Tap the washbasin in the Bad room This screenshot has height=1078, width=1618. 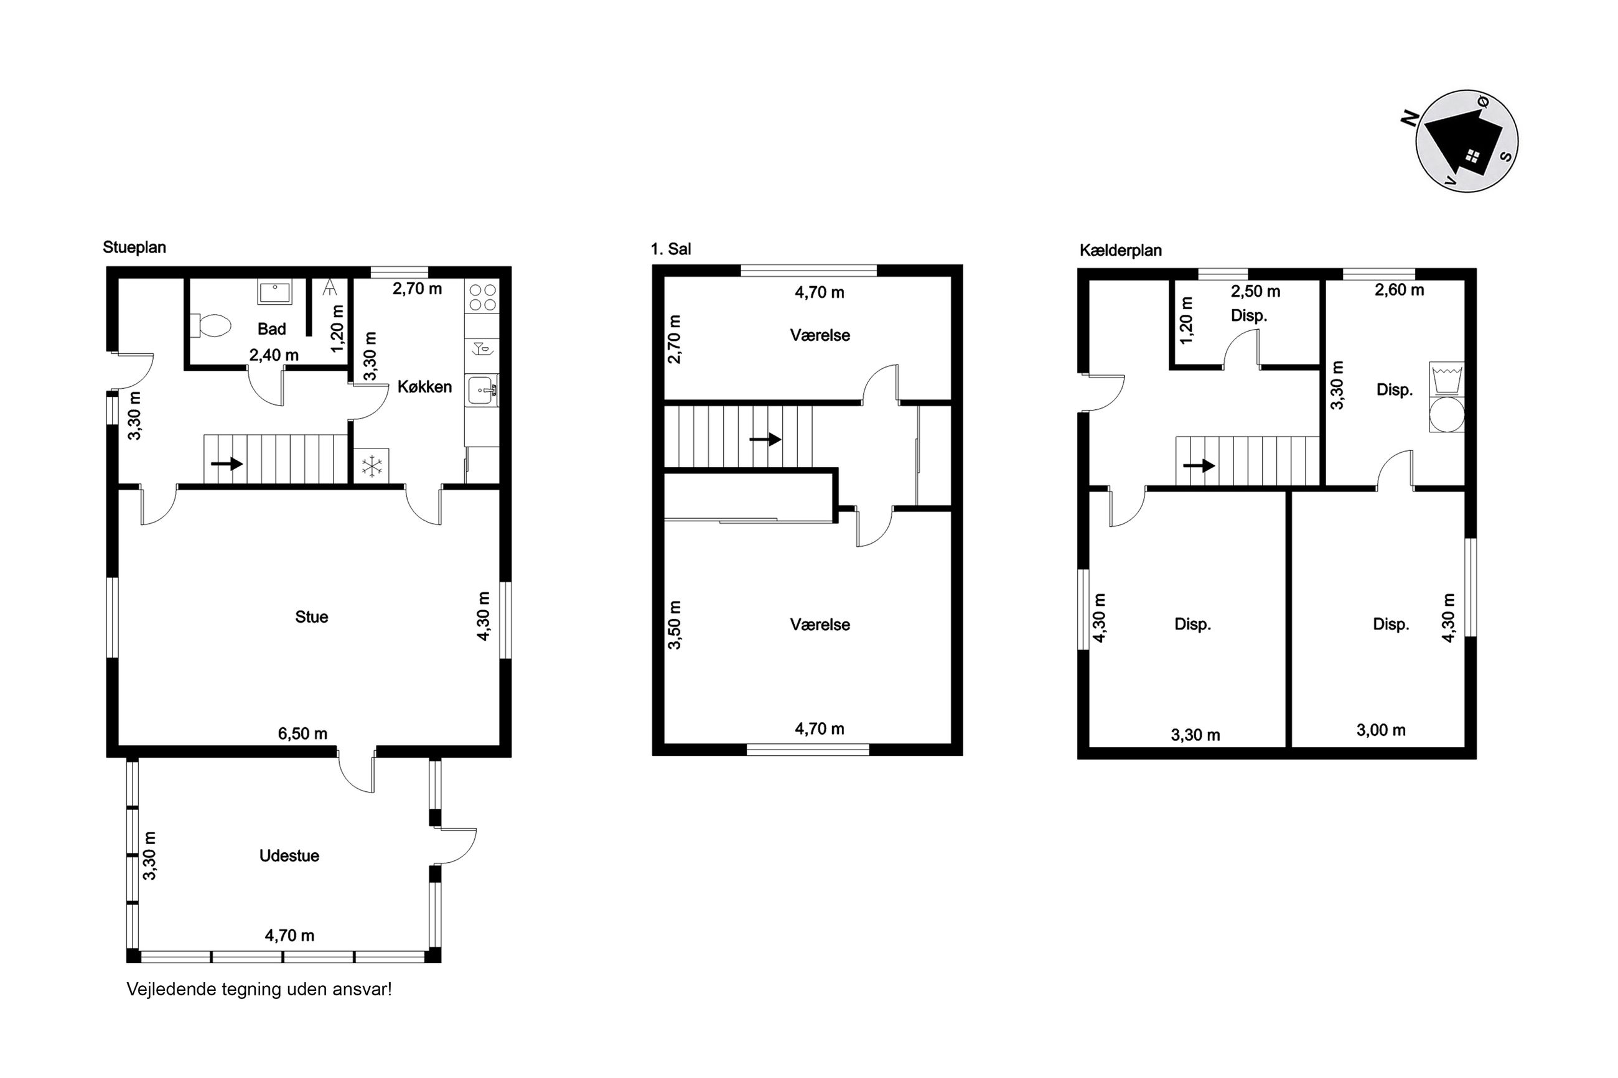[x=275, y=292]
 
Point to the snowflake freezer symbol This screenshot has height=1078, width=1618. [x=372, y=466]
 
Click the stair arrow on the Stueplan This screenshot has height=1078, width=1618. [x=227, y=464]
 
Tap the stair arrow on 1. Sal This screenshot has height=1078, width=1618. [x=765, y=439]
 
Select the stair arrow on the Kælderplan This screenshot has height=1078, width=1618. [x=1199, y=465]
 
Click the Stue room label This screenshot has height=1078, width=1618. [x=312, y=616]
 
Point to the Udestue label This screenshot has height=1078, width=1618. [x=289, y=856]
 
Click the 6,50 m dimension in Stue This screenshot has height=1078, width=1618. [x=302, y=733]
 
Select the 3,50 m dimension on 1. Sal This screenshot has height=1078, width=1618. [x=675, y=625]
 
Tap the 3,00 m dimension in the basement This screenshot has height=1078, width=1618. [x=1381, y=730]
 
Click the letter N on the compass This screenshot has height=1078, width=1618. [x=1410, y=118]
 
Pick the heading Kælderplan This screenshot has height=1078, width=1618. [x=1120, y=250]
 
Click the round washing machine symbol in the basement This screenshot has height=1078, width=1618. [x=1447, y=414]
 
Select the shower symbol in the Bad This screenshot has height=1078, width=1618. [x=330, y=287]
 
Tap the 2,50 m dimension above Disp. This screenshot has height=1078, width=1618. [x=1256, y=292]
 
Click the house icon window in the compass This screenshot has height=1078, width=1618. [x=1472, y=156]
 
